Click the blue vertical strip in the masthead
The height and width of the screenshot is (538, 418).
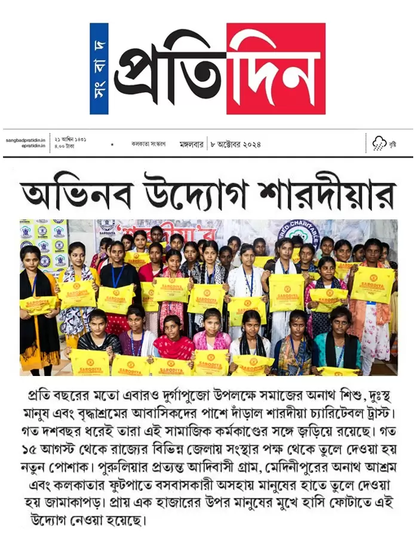(x=99, y=68)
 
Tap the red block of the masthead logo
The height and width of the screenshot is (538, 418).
(x=276, y=68)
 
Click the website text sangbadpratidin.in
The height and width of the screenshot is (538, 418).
(x=26, y=140)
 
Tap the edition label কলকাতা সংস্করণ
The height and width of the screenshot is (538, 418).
(x=148, y=144)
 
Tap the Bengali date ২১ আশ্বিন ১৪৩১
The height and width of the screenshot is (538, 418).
(x=70, y=139)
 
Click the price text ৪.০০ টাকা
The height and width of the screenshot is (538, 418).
(x=64, y=146)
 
